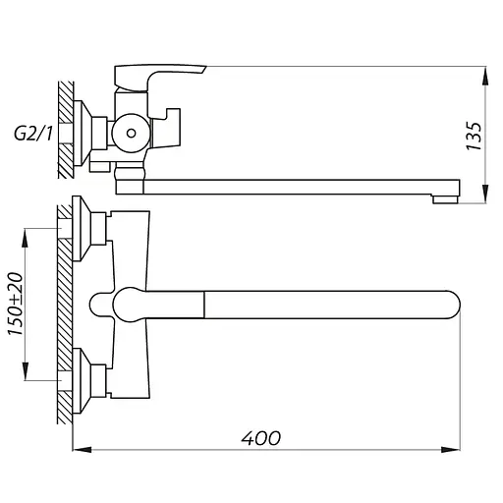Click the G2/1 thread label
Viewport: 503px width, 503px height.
coord(33,134)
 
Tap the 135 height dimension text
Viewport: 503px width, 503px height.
coord(475,136)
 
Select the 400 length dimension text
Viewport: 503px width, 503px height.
coord(261,438)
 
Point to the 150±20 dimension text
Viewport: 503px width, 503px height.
coord(16,304)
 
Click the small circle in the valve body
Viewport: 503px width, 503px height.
coord(132,134)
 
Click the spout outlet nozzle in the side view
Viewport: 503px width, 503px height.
coord(445,199)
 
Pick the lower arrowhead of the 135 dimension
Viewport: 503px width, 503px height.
coord(485,194)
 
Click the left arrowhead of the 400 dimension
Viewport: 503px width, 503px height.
coord(82,450)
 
